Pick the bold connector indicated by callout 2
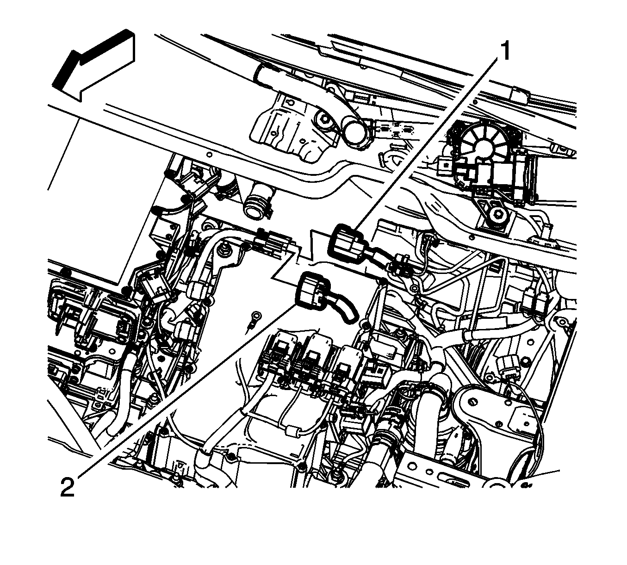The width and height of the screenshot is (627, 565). point(312,291)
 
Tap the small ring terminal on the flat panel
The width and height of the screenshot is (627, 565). point(253,318)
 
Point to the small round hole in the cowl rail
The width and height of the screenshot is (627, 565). point(210,155)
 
